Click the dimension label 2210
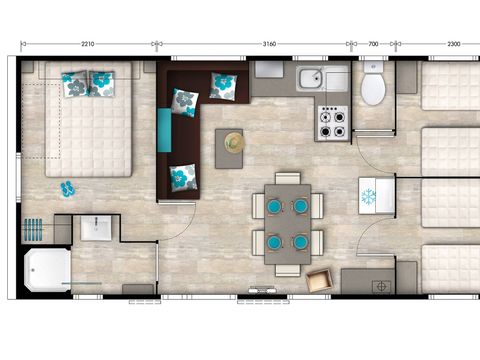pyautogui.click(x=88, y=45)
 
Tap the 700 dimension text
pyautogui.click(x=373, y=45)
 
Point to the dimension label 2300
pyautogui.click(x=453, y=45)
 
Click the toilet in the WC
pyautogui.click(x=374, y=88)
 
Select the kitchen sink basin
pyautogui.click(x=309, y=79)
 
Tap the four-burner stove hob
pyautogui.click(x=331, y=123)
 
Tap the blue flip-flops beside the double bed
pyautogui.click(x=67, y=187)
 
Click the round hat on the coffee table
pyautogui.click(x=235, y=142)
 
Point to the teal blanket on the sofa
pyautogui.click(x=165, y=129)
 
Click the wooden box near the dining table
pyautogui.click(x=321, y=280)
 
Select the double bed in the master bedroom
pyautogui.click(x=90, y=125)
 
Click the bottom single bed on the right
pyautogui.click(x=450, y=270)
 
